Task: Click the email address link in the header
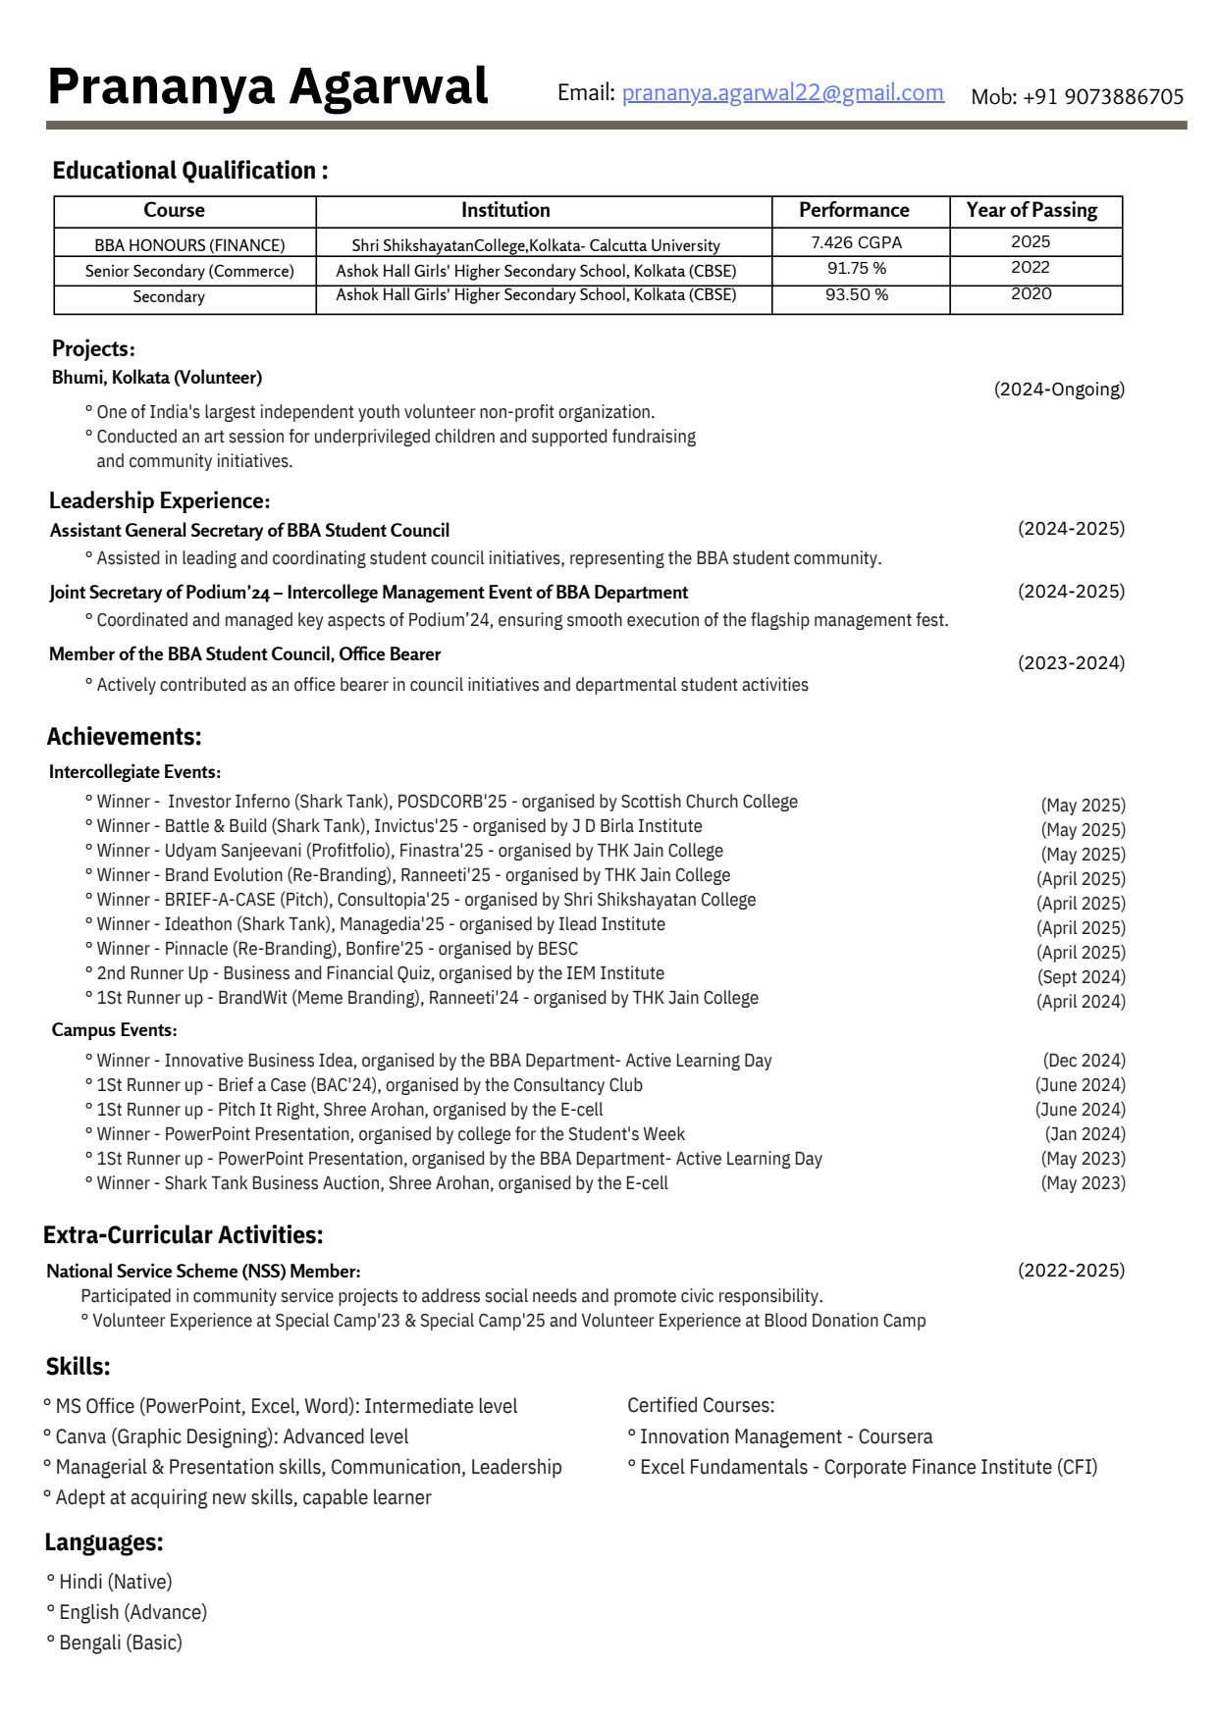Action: click(x=782, y=93)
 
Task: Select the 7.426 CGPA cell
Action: click(x=856, y=242)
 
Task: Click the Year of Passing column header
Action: click(x=1032, y=210)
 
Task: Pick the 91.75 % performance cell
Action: click(x=856, y=268)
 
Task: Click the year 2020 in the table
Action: click(x=1031, y=294)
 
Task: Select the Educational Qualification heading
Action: click(x=190, y=171)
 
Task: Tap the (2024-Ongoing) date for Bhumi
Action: click(x=1059, y=390)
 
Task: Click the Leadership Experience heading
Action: click(x=159, y=501)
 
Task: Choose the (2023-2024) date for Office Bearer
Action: click(x=1071, y=663)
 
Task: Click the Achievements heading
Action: click(x=125, y=737)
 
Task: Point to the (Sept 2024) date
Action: click(x=1082, y=977)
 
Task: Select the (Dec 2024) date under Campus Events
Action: click(x=1084, y=1061)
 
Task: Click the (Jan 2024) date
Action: click(x=1085, y=1134)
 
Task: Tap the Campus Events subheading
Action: click(x=114, y=1030)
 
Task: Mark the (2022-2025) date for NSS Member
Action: click(x=1071, y=1271)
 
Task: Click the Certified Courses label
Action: click(x=701, y=1406)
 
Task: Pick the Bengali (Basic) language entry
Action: click(x=121, y=1643)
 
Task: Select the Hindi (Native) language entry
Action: click(x=116, y=1582)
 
